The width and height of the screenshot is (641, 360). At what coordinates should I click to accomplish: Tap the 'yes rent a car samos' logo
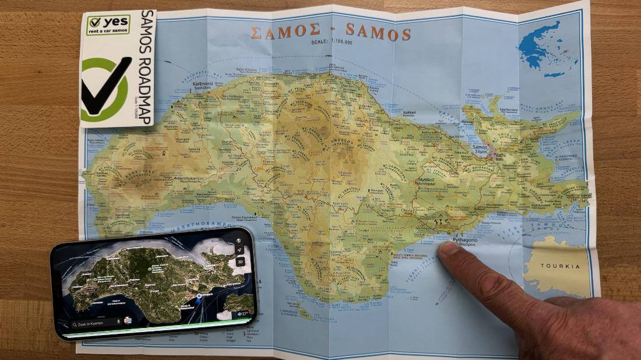[108, 24]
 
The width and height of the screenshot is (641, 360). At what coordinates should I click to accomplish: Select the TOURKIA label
[560, 266]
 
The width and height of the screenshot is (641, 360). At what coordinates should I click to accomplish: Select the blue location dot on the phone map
[199, 297]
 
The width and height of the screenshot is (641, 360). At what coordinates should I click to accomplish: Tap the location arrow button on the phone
[239, 250]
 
